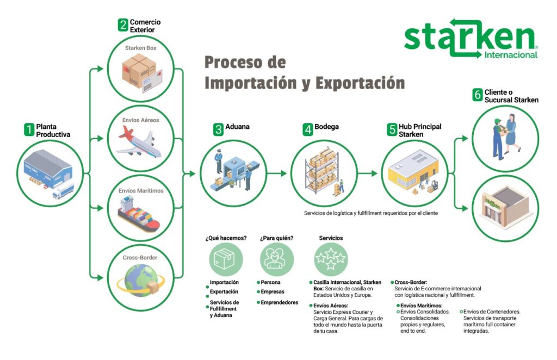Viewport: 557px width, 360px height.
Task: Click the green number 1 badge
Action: pyautogui.click(x=29, y=129)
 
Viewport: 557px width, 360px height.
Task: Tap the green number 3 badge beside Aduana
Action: pyautogui.click(x=218, y=129)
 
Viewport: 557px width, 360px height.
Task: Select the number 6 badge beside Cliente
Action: pyautogui.click(x=478, y=95)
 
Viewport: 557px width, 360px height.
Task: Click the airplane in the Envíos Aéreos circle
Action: pyautogui.click(x=139, y=142)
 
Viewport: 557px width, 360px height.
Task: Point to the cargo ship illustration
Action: pyautogui.click(x=139, y=214)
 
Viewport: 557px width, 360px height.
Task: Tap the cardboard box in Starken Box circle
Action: pyautogui.click(x=139, y=70)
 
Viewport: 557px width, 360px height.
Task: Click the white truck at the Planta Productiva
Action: pyautogui.click(x=63, y=191)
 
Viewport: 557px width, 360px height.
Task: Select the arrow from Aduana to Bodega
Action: pyautogui.click(x=277, y=173)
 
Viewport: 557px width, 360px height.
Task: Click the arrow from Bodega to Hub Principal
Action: pyautogui.click(x=368, y=173)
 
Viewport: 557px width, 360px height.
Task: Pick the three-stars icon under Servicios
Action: pyautogui.click(x=331, y=259)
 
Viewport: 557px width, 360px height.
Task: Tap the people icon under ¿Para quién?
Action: pyautogui.click(x=277, y=259)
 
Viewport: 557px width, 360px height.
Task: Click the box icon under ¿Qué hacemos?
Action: pyautogui.click(x=226, y=259)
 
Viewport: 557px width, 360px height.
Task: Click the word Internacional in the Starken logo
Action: pyautogui.click(x=511, y=55)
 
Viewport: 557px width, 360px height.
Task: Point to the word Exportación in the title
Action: pyautogui.click(x=360, y=83)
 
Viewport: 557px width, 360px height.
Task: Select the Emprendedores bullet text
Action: pyautogui.click(x=280, y=302)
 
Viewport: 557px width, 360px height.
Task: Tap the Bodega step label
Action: pyautogui.click(x=326, y=127)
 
